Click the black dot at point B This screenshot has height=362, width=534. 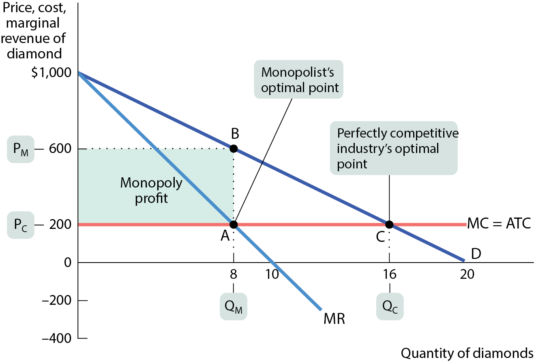[x=234, y=149]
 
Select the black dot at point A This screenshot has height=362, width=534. [x=234, y=224]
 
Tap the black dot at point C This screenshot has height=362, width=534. [x=389, y=224]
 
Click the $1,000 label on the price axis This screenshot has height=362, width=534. [x=51, y=72]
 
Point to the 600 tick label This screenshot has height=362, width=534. [x=60, y=149]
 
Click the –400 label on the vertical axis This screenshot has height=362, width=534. [x=56, y=338]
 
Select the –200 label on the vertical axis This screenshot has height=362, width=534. [x=56, y=300]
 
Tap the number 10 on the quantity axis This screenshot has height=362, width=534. [x=272, y=274]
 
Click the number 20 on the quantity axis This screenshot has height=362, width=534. [x=467, y=274]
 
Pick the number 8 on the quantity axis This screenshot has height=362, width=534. [x=234, y=274]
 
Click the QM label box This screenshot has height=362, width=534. [x=234, y=306]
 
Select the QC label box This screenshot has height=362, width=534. [x=390, y=306]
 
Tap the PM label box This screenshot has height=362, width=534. [x=21, y=149]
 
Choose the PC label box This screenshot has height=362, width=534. [x=21, y=225]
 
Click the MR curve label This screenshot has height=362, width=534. [x=334, y=319]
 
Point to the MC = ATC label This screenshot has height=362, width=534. [x=499, y=223]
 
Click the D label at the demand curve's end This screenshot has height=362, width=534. [x=476, y=254]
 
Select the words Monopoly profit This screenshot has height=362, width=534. [x=151, y=190]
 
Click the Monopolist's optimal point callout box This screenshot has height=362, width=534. [x=298, y=79]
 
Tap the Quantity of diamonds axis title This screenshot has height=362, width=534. [x=467, y=353]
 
